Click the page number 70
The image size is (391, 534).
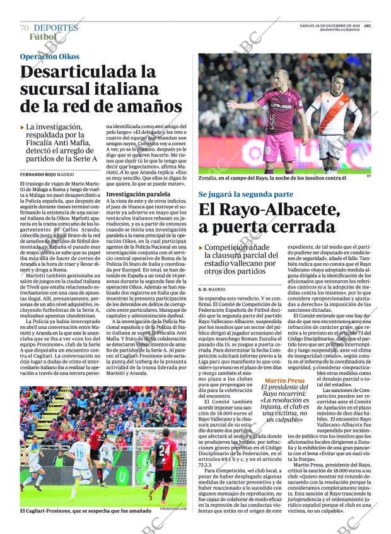point(24,28)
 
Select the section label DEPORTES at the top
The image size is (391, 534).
point(55,28)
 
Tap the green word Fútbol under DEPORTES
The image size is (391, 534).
point(42,37)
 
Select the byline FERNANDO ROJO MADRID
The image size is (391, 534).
point(47,174)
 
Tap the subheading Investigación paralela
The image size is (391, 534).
point(137,194)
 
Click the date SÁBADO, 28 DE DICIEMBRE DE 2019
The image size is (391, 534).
point(330,26)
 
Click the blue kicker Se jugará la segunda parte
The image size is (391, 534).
point(245,194)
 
